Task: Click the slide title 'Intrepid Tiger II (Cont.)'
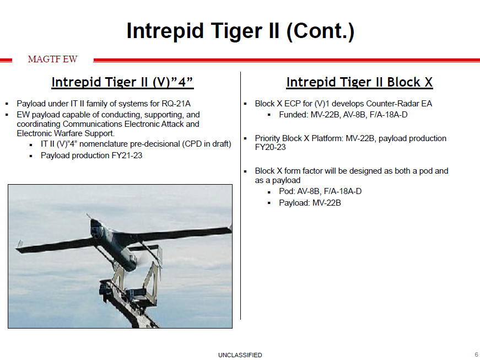240,31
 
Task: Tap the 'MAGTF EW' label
53,60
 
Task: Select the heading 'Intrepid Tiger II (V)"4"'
122,83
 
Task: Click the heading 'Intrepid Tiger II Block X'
359,83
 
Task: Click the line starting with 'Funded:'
343,115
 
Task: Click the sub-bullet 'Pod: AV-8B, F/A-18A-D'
320,191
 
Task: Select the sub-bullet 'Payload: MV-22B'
310,203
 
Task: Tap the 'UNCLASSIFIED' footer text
240,355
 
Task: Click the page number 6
476,354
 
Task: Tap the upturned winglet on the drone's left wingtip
20,244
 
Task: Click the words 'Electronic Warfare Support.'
66,133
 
